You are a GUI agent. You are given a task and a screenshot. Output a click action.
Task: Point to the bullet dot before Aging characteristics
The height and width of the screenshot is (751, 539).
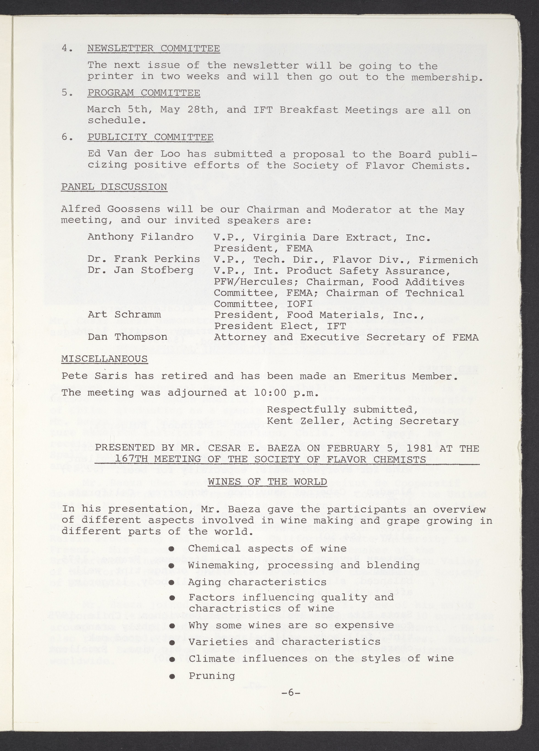[x=172, y=582]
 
